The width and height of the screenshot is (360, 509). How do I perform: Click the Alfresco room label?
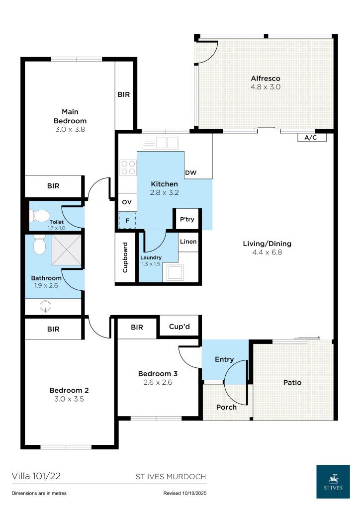click(x=265, y=79)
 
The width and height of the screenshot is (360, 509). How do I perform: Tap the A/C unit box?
click(x=312, y=138)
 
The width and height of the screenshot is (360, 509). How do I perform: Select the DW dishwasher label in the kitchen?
click(x=190, y=173)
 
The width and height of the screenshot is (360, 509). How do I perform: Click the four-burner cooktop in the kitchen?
click(x=128, y=167)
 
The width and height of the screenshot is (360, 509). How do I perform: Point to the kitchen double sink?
click(x=161, y=143)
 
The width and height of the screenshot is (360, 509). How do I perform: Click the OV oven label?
click(x=126, y=202)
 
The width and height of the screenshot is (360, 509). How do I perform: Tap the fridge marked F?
click(x=127, y=220)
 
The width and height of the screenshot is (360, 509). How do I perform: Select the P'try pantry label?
click(x=187, y=219)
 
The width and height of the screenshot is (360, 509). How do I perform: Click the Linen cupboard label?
click(x=188, y=242)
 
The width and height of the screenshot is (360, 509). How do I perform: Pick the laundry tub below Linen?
click(x=176, y=272)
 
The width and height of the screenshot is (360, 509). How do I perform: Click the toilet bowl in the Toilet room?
click(x=39, y=216)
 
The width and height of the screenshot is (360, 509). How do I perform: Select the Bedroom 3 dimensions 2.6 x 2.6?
click(x=158, y=382)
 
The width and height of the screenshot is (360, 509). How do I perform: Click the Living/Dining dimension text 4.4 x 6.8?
click(x=267, y=252)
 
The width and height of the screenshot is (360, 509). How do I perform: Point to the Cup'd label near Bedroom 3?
click(x=180, y=327)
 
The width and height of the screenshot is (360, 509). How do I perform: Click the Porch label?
click(x=226, y=407)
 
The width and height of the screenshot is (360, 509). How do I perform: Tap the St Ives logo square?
click(x=333, y=481)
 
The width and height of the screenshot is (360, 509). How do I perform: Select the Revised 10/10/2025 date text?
click(x=184, y=493)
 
